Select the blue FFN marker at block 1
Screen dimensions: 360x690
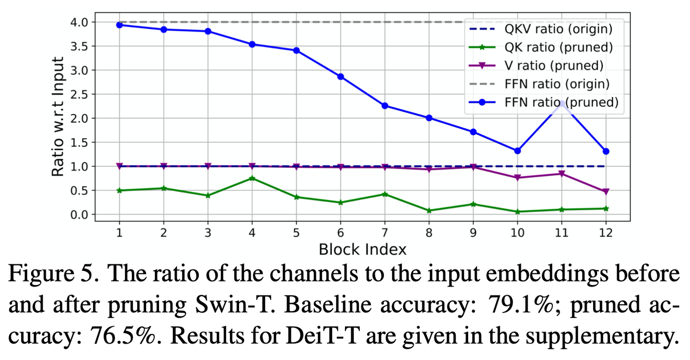click(119, 25)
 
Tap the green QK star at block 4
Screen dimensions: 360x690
click(252, 178)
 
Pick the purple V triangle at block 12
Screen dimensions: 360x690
click(606, 192)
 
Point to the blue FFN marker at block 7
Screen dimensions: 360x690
click(385, 106)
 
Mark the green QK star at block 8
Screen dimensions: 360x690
click(429, 210)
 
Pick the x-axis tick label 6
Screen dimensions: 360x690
click(341, 232)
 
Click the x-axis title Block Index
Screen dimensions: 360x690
click(362, 249)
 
